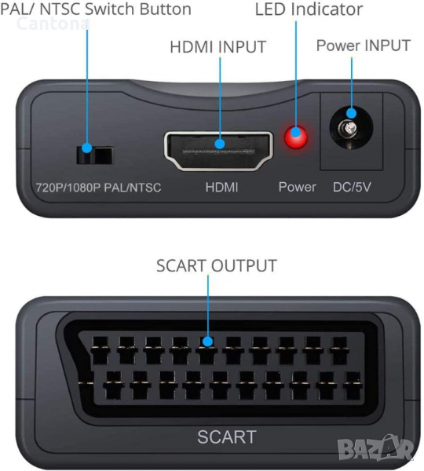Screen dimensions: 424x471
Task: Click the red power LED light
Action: tap(296, 138)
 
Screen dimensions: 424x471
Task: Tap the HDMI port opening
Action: tap(219, 151)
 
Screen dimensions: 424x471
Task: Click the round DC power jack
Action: tap(351, 128)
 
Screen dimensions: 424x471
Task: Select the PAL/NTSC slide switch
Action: tap(95, 155)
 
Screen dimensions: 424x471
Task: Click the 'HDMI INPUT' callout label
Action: tap(218, 47)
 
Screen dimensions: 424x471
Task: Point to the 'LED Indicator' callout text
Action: tap(309, 9)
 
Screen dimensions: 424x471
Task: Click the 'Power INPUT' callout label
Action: tap(364, 46)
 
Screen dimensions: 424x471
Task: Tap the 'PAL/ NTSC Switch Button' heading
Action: tap(96, 9)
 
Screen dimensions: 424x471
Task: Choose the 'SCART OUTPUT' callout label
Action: tap(217, 265)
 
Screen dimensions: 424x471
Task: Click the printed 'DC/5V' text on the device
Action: tap(352, 187)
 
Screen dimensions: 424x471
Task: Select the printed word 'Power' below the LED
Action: tap(297, 187)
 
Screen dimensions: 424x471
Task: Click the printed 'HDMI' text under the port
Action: tap(221, 187)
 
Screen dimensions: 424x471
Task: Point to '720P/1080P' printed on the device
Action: tap(68, 188)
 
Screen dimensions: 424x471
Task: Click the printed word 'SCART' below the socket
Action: tap(227, 436)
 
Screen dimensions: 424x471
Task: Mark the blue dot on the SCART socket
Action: tap(207, 341)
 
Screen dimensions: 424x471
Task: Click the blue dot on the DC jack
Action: tap(351, 113)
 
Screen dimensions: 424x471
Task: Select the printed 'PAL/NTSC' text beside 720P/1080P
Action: tap(133, 188)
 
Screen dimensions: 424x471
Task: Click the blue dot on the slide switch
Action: tap(87, 148)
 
